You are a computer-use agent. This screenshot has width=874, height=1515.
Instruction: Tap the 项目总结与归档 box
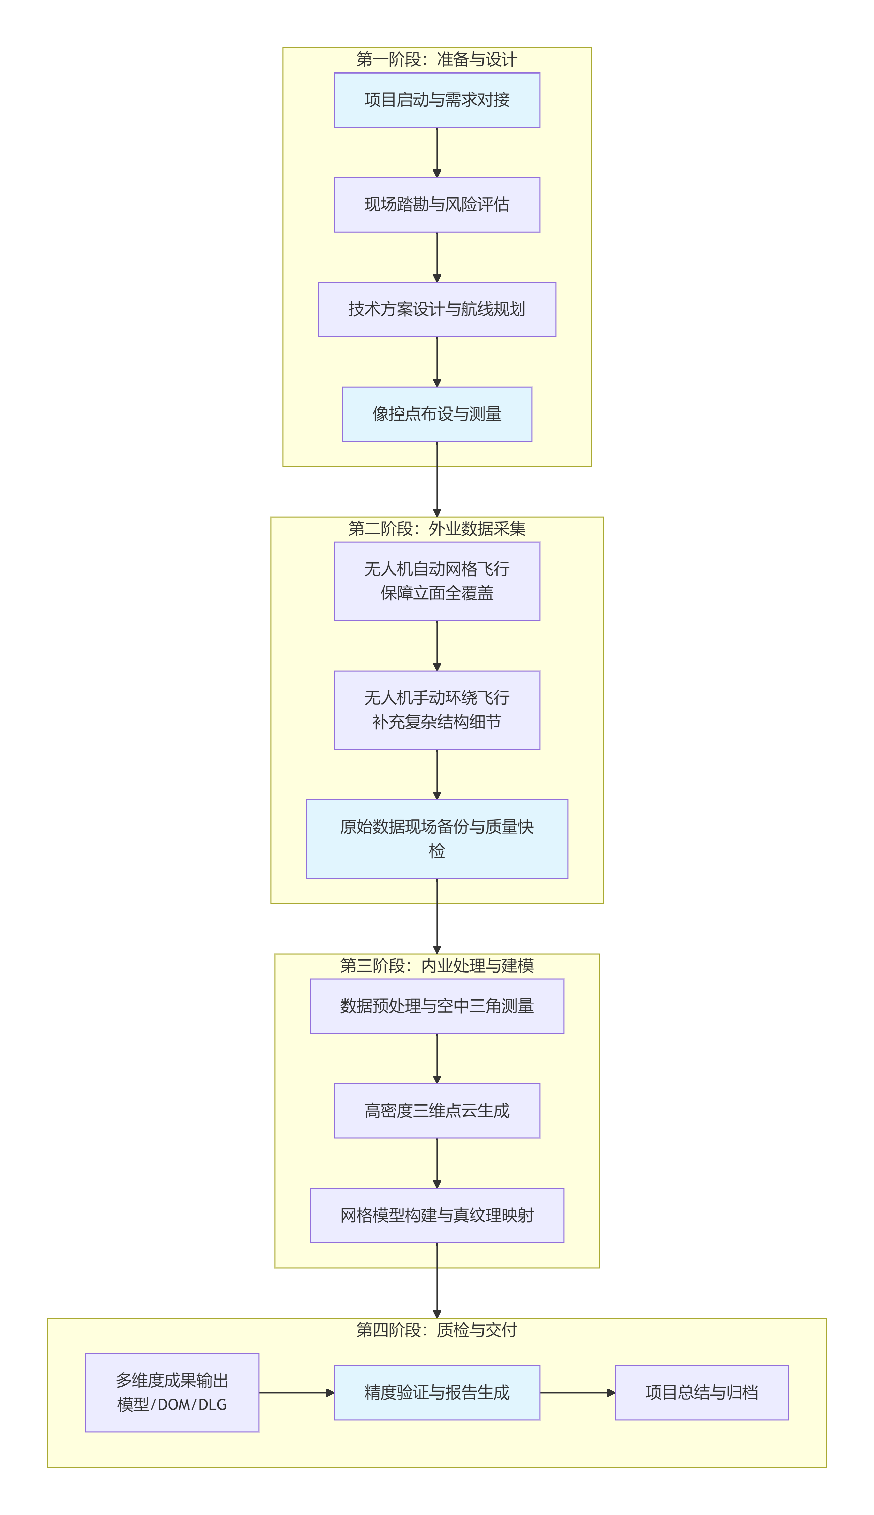[702, 1392]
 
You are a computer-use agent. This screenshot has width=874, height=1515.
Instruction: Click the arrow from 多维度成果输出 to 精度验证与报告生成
[296, 1392]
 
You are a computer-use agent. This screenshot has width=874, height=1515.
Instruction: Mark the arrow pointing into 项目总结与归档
[578, 1392]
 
